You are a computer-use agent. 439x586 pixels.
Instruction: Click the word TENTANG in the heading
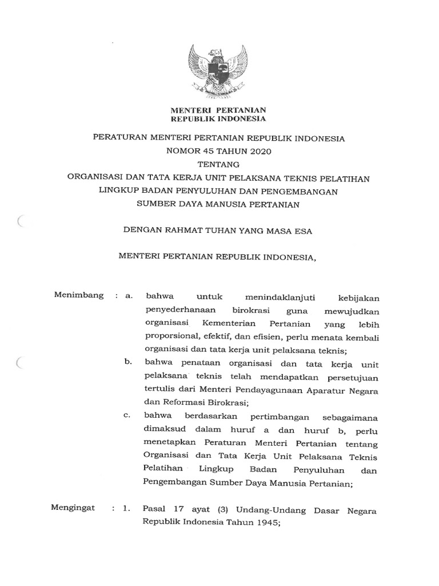219,165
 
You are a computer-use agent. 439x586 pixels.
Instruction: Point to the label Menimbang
79,295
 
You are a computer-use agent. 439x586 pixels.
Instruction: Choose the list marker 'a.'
129,296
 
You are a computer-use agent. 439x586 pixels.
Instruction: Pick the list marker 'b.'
129,363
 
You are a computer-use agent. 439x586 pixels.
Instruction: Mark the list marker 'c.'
129,417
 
